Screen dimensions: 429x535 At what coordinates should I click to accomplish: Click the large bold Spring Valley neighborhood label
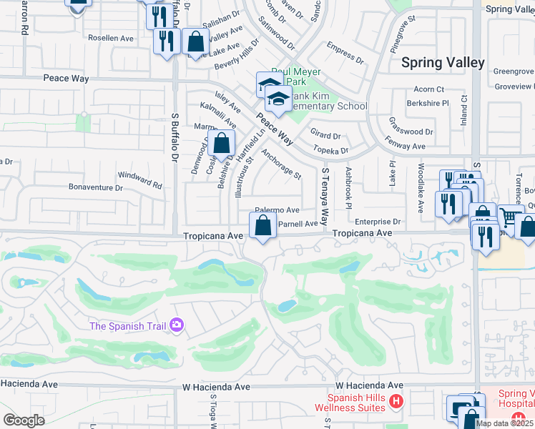click(x=443, y=63)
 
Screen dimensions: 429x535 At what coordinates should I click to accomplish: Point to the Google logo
click(x=24, y=420)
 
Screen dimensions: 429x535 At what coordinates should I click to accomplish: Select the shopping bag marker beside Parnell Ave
click(x=263, y=226)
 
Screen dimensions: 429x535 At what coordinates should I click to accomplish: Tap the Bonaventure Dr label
click(x=96, y=187)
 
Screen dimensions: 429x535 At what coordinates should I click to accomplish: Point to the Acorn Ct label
click(x=429, y=89)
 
